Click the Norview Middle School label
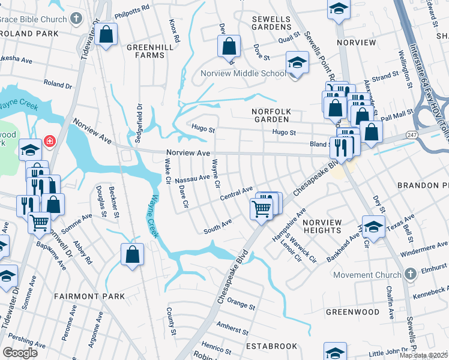pyautogui.click(x=243, y=74)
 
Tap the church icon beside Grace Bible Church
pyautogui.click(x=76, y=19)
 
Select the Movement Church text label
pyautogui.click(x=367, y=275)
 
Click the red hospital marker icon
pyautogui.click(x=50, y=142)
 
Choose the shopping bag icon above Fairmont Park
pyautogui.click(x=132, y=254)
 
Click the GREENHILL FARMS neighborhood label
pyautogui.click(x=145, y=50)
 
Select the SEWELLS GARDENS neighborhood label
pyautogui.click(x=271, y=23)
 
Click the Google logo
pyautogui.click(x=20, y=352)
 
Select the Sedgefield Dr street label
pyautogui.click(x=139, y=118)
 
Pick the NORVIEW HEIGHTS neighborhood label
pyautogui.click(x=322, y=227)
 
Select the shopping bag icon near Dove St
pyautogui.click(x=229, y=46)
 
